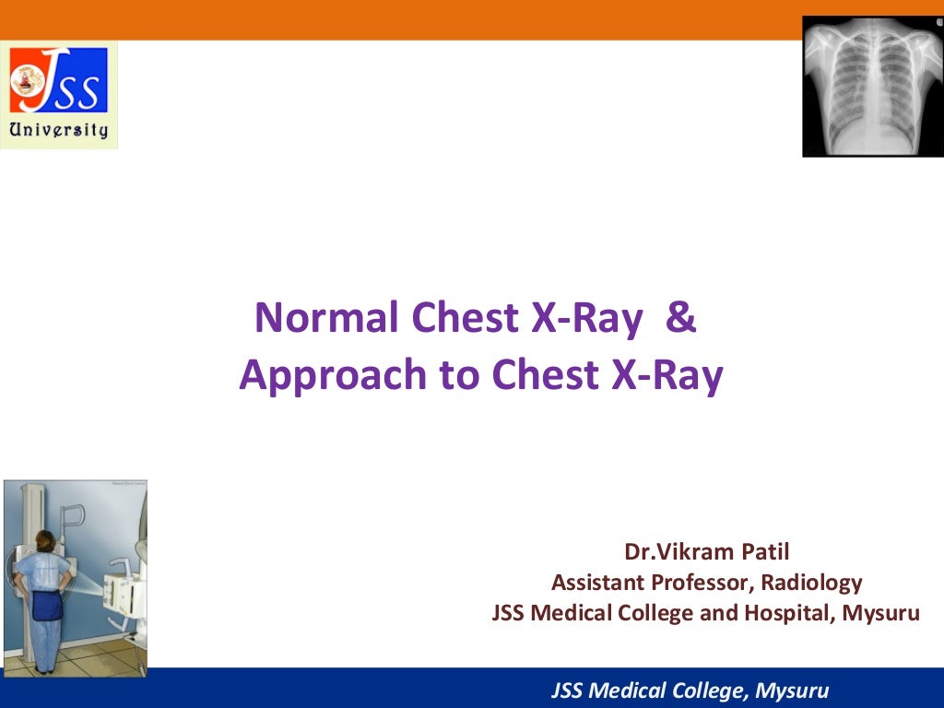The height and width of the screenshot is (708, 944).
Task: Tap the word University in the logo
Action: tap(58, 129)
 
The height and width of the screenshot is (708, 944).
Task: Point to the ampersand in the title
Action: tap(679, 318)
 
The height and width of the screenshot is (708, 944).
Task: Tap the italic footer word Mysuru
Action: tap(791, 690)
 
